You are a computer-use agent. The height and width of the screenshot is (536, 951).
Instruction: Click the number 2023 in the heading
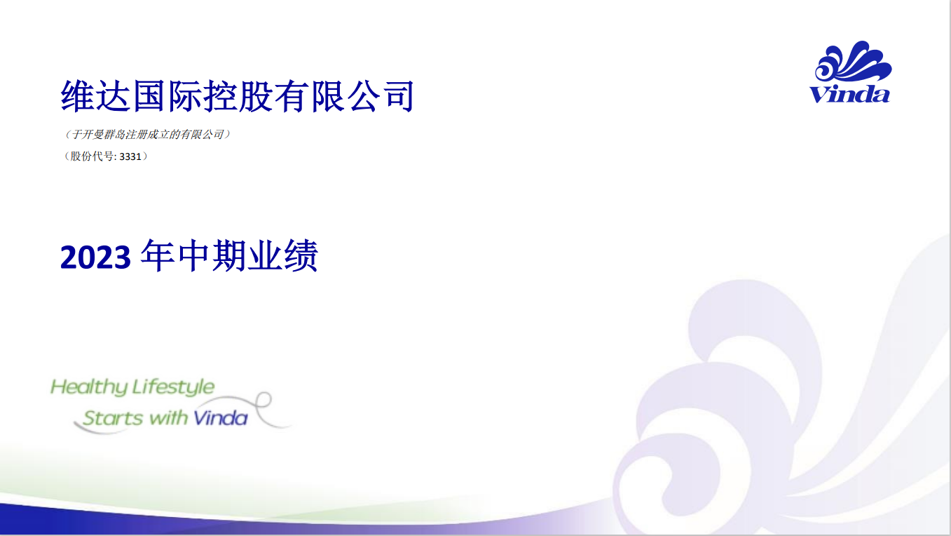coord(95,257)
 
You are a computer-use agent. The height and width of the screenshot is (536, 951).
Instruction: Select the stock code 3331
coord(130,157)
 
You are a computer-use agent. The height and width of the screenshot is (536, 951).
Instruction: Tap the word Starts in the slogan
coord(113,419)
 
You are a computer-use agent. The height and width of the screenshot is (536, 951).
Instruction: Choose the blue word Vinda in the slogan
coord(221,419)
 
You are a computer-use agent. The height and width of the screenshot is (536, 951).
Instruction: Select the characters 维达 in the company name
coord(95,96)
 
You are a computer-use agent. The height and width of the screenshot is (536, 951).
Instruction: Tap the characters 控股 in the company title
coord(238,96)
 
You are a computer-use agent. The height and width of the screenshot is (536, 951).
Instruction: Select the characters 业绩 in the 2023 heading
coord(282,255)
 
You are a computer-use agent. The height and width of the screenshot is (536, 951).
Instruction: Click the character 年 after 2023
coord(157,255)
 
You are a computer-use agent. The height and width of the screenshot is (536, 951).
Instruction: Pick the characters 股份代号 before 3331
coord(92,156)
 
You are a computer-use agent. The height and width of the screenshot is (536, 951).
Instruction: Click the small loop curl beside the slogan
coord(264,401)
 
